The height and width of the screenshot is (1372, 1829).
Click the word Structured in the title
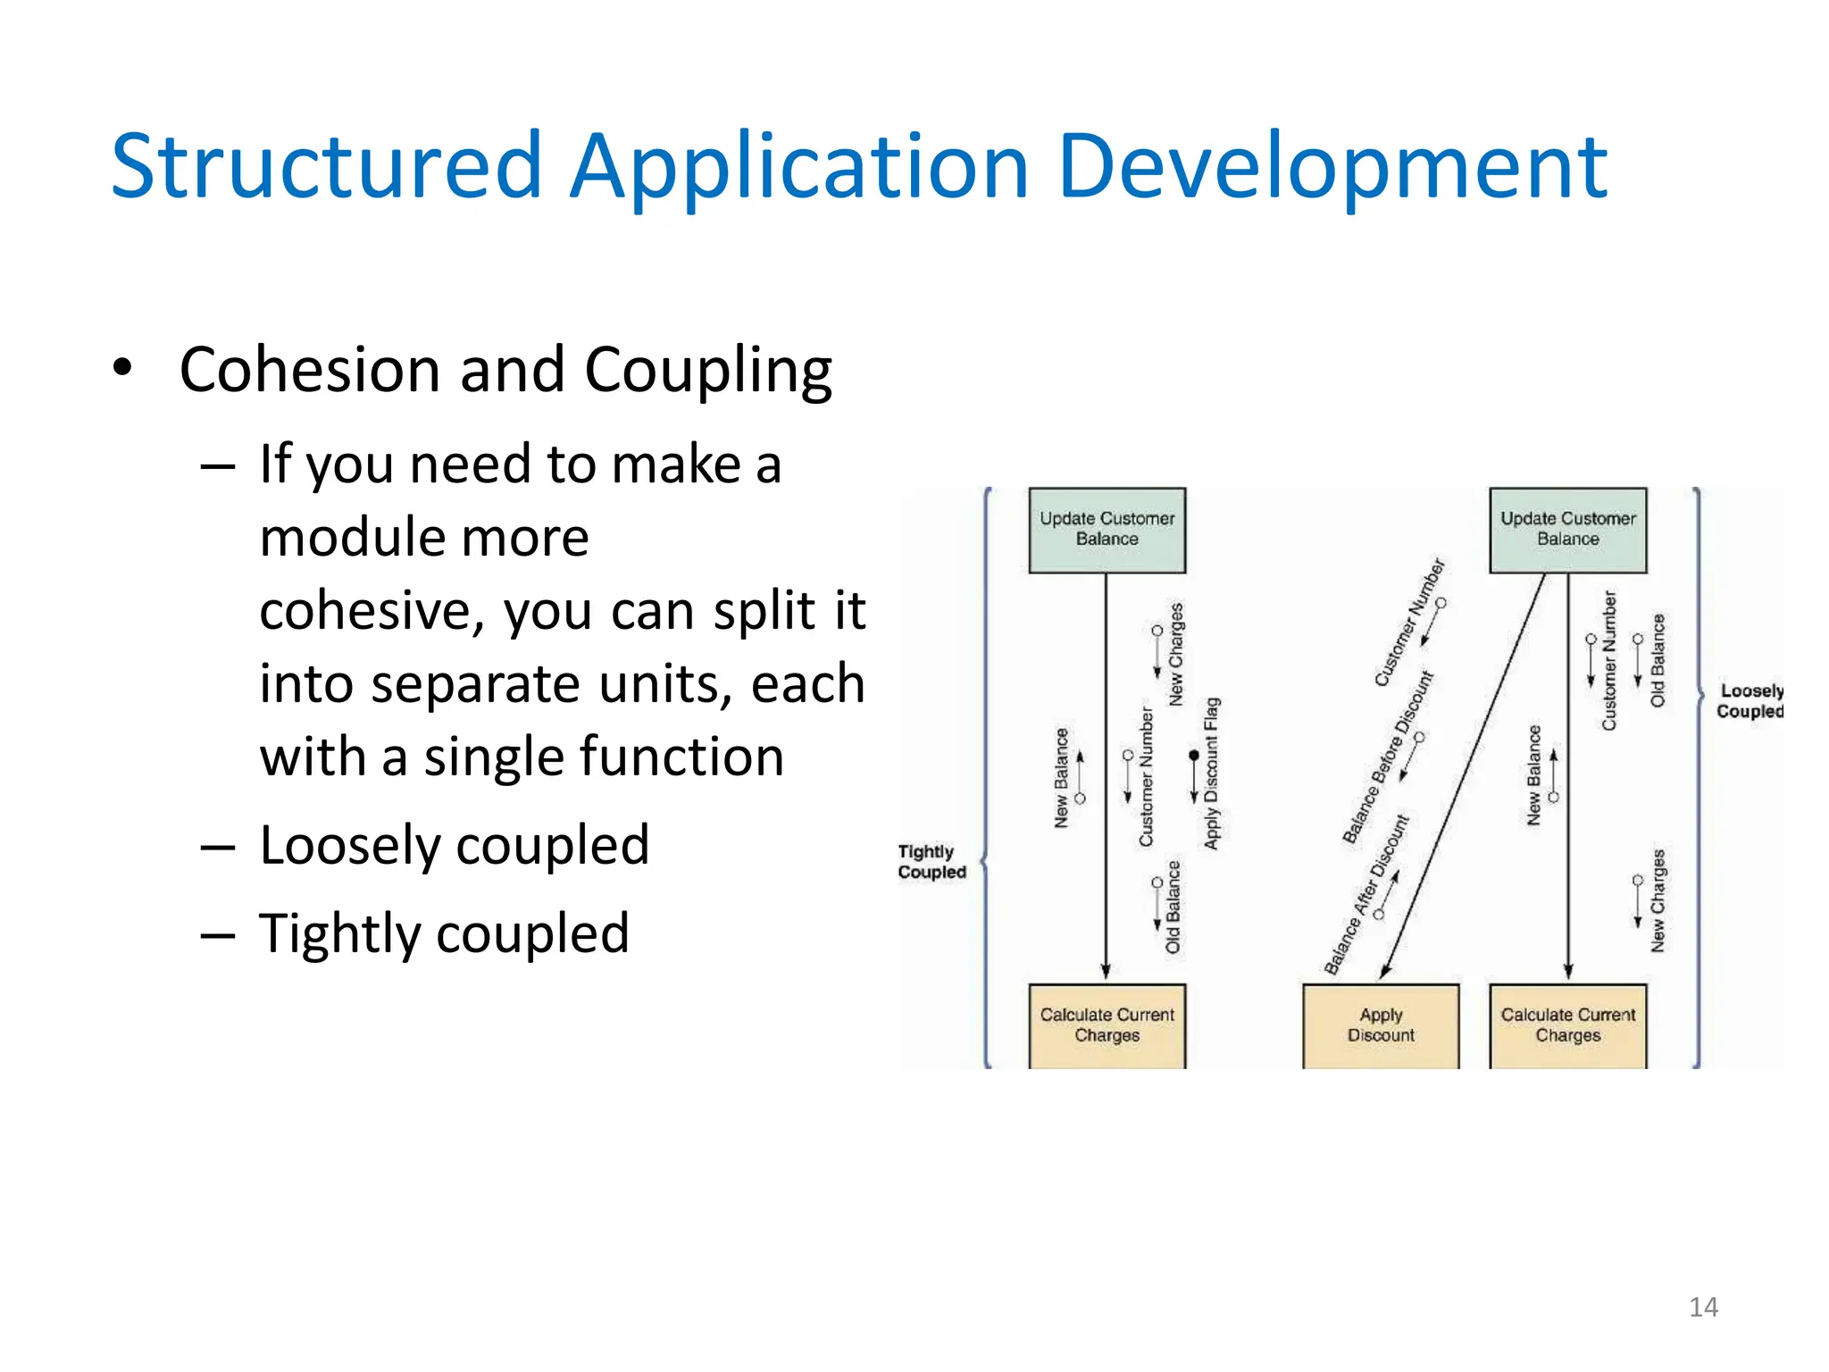click(x=326, y=167)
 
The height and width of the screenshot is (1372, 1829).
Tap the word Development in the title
click(x=1332, y=167)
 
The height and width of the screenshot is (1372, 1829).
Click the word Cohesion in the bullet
click(x=309, y=369)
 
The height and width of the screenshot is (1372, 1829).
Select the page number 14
click(x=1703, y=1307)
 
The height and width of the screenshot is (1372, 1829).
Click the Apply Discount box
click(x=1381, y=1025)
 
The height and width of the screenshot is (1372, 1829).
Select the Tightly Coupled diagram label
click(x=931, y=862)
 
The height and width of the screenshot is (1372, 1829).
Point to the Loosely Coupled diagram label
click(x=1750, y=701)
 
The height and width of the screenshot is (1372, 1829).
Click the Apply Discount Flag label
click(x=1211, y=773)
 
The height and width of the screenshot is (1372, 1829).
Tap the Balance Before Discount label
click(x=1387, y=757)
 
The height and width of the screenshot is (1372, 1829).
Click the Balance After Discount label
click(x=1365, y=895)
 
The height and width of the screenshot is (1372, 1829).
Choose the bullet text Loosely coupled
click(x=454, y=845)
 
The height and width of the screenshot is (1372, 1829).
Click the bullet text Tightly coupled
click(x=444, y=933)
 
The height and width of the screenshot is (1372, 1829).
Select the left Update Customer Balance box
click(x=1107, y=530)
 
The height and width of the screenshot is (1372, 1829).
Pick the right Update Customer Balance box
click(x=1567, y=530)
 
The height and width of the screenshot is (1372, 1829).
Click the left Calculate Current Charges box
click(x=1107, y=1025)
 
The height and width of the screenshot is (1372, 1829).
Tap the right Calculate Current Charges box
click(x=1567, y=1025)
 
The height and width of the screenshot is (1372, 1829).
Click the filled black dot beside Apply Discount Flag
click(x=1194, y=756)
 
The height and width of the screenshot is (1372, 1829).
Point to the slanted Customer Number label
click(x=1409, y=623)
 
